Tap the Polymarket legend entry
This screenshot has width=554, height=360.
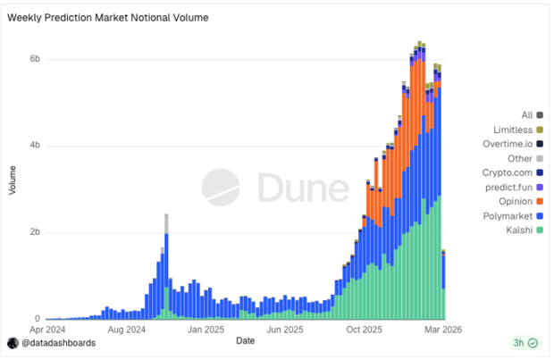513,216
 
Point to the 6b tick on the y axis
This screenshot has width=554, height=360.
35,59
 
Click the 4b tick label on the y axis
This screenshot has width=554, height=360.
35,146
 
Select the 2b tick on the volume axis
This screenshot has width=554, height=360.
35,232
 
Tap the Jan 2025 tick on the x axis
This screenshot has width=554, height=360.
206,329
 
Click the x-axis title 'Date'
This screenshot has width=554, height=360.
245,340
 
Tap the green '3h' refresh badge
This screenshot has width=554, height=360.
525,343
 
